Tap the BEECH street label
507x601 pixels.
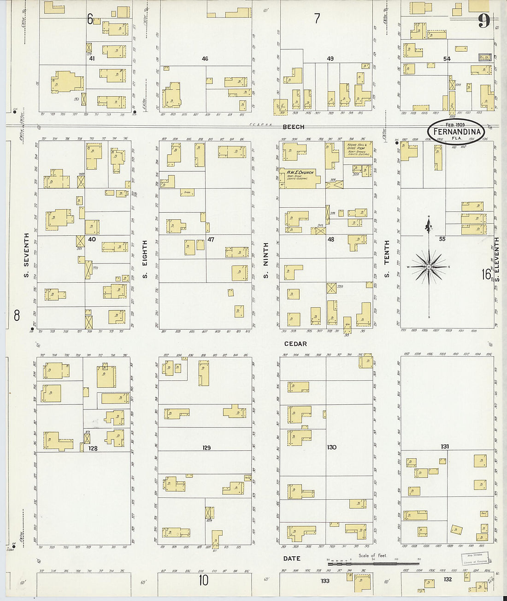(x=294, y=127)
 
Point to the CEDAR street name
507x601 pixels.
(x=295, y=344)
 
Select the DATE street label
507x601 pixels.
(x=292, y=558)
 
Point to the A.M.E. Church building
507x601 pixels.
(x=300, y=177)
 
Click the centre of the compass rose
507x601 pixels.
(x=429, y=267)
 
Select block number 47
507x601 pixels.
(x=211, y=239)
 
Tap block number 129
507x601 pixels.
(x=206, y=447)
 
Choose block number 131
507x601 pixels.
(x=444, y=446)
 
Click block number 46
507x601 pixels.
(x=205, y=59)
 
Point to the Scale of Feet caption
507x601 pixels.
(x=372, y=555)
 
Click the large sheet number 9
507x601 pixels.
(x=483, y=21)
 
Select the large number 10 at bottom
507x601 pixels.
(x=204, y=580)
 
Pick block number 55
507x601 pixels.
(x=442, y=239)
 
